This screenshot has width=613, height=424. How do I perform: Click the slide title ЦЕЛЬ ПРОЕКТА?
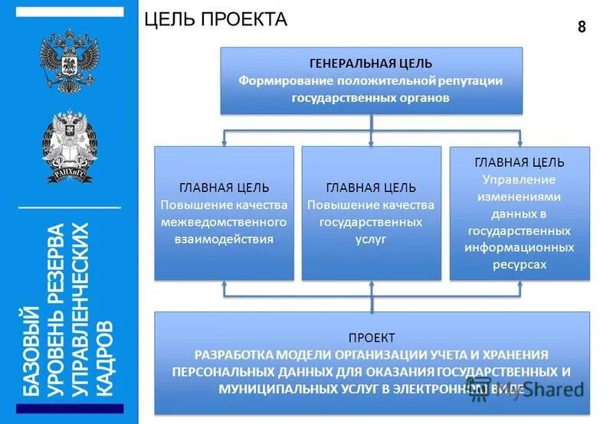215,19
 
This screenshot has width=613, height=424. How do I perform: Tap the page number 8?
582,28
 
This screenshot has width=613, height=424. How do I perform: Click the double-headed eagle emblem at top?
70,61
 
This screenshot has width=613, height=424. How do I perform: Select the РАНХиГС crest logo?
70,146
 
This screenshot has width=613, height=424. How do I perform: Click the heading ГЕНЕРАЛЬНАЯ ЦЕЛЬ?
371,63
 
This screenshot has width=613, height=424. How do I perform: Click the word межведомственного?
224,222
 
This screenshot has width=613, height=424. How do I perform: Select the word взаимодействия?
224,239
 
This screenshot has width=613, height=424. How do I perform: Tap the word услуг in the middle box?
371,239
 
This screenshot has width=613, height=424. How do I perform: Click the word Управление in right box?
519,179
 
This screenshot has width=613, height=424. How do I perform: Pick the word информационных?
519,247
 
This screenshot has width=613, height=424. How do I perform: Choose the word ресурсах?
519,264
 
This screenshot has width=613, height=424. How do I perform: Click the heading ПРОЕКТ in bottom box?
372,338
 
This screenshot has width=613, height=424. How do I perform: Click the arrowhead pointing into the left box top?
224,142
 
